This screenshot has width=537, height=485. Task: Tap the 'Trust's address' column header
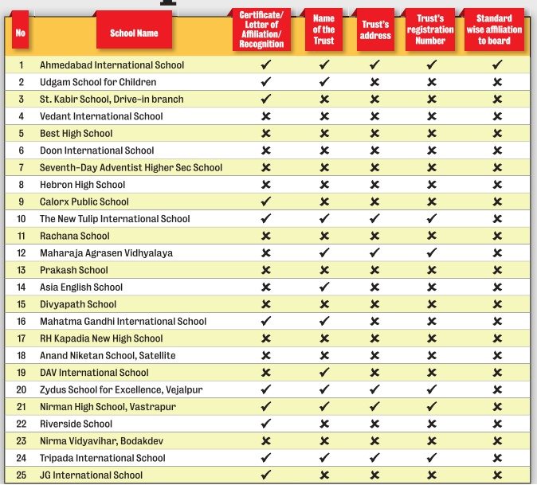(375, 30)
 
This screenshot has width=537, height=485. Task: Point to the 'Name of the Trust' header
(323, 30)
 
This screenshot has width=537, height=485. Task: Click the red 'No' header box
(21, 33)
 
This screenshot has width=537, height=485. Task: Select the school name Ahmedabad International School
(112, 65)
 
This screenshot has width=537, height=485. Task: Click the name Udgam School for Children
(98, 82)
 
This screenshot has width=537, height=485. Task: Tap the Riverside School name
(76, 424)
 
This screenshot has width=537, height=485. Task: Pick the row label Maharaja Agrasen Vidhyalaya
(106, 253)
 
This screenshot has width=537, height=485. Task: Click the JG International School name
(91, 475)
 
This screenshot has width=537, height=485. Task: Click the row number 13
(22, 270)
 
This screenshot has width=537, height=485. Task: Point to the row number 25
(22, 475)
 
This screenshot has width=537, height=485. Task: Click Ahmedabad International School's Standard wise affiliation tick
(496, 65)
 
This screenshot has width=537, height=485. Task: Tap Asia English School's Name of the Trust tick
(323, 287)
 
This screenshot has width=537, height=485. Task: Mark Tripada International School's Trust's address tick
(374, 458)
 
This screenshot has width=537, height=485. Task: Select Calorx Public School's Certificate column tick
(266, 201)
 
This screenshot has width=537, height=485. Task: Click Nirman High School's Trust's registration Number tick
(431, 407)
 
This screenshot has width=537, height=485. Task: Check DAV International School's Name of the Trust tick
(323, 373)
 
